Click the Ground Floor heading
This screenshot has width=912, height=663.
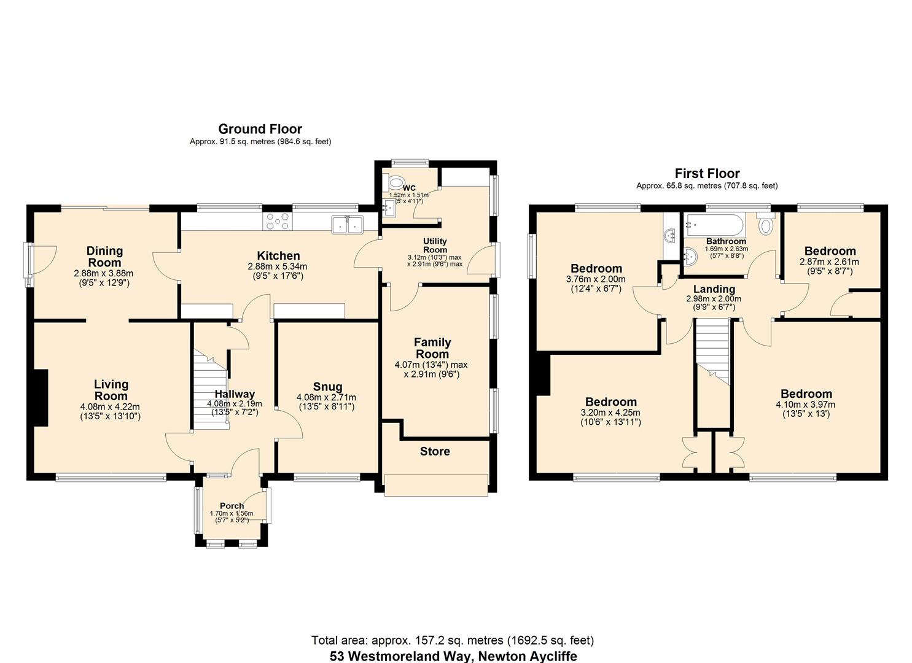click(x=260, y=129)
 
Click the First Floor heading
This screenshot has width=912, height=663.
click(x=707, y=174)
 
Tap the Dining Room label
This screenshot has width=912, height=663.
click(x=104, y=257)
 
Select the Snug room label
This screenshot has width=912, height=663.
click(x=327, y=387)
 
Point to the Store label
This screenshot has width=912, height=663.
click(x=435, y=452)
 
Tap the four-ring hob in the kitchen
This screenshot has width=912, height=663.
click(x=278, y=222)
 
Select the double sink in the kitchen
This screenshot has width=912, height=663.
click(x=347, y=225)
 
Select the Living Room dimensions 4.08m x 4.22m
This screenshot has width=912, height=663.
click(x=111, y=406)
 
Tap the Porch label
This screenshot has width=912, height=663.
click(x=232, y=506)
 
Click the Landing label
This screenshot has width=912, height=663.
click(x=714, y=289)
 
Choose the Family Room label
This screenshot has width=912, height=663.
click(x=432, y=348)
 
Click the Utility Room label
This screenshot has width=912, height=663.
click(x=435, y=246)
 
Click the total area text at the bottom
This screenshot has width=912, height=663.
click(x=453, y=641)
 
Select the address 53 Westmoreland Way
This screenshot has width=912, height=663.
click(x=453, y=656)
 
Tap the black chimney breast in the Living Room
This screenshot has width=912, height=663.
click(x=41, y=397)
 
